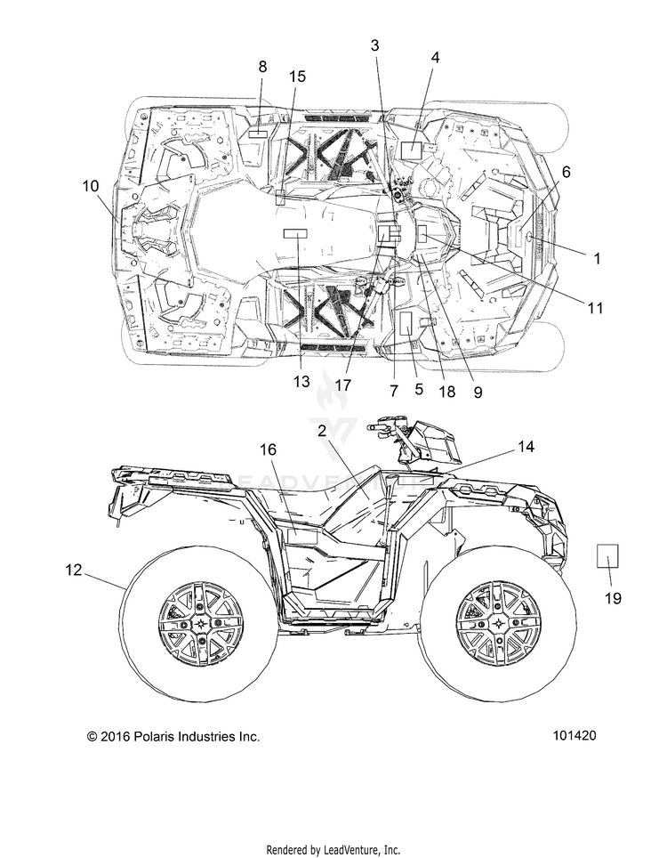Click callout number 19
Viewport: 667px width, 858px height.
click(x=613, y=598)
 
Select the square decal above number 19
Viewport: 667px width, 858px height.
click(x=607, y=556)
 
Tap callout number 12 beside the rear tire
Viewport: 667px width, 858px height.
click(x=73, y=570)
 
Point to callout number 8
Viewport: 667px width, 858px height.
click(x=262, y=67)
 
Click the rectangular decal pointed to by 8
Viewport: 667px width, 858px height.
click(x=258, y=134)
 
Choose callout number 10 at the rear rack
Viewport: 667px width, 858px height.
click(x=91, y=186)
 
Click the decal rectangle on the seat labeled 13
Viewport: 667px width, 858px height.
click(x=295, y=234)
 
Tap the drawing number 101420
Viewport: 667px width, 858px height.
click(x=574, y=735)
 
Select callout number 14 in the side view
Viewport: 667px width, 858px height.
click(x=526, y=447)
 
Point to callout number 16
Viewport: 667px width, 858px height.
click(x=268, y=449)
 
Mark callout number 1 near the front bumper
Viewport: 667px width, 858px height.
click(x=597, y=258)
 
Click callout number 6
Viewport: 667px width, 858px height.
click(x=566, y=172)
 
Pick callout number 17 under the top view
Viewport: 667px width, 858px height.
click(x=342, y=385)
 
